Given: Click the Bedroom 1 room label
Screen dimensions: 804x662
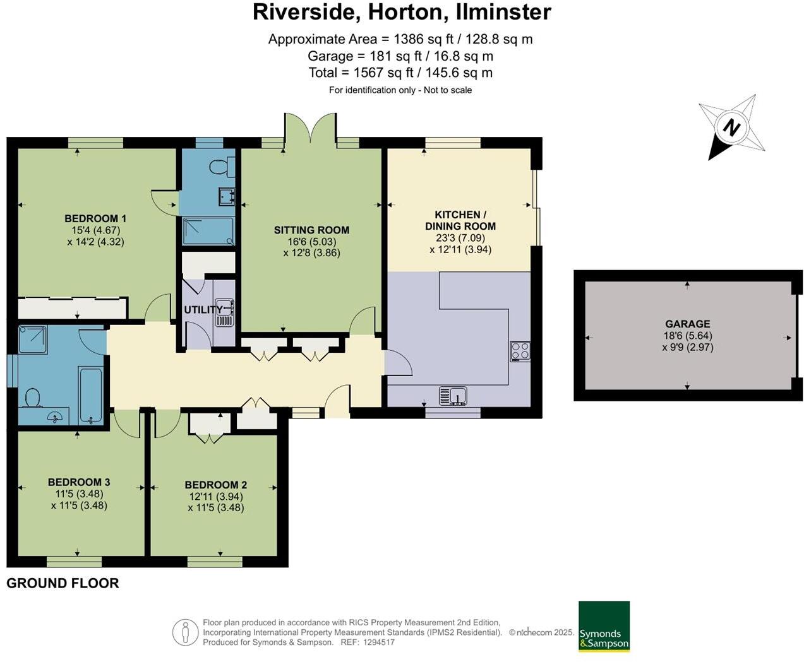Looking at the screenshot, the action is (x=95, y=218).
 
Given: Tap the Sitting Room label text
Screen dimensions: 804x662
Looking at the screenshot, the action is (x=311, y=230).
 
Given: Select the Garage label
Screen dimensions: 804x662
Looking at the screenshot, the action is (x=687, y=324).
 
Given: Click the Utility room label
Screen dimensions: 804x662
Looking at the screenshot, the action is (x=203, y=309).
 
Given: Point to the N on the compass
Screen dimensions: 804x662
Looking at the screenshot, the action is (x=731, y=127).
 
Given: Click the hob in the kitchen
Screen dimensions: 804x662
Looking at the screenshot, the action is (x=520, y=351).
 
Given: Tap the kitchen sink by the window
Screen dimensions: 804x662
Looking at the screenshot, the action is (x=453, y=396).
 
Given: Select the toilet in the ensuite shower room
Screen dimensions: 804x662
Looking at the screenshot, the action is (x=222, y=167).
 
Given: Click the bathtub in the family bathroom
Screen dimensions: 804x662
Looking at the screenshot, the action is (x=90, y=395).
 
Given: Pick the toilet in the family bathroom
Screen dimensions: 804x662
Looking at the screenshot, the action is (x=32, y=397).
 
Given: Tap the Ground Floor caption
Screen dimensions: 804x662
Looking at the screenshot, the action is (x=63, y=583).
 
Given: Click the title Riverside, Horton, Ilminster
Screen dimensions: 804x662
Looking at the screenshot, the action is (x=402, y=12).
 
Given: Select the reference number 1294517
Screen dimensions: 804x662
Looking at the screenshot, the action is (x=378, y=642).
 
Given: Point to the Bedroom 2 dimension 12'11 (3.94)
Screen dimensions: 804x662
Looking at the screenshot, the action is (x=215, y=496).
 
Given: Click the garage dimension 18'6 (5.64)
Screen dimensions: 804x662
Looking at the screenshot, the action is (x=687, y=336).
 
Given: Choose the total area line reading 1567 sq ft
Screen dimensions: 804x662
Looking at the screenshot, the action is (x=400, y=73).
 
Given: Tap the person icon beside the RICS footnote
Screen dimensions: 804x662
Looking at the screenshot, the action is (x=185, y=632).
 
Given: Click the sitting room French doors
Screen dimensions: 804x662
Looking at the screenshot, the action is (x=310, y=131).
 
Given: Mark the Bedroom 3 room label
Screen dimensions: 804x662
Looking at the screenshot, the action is (x=79, y=482).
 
